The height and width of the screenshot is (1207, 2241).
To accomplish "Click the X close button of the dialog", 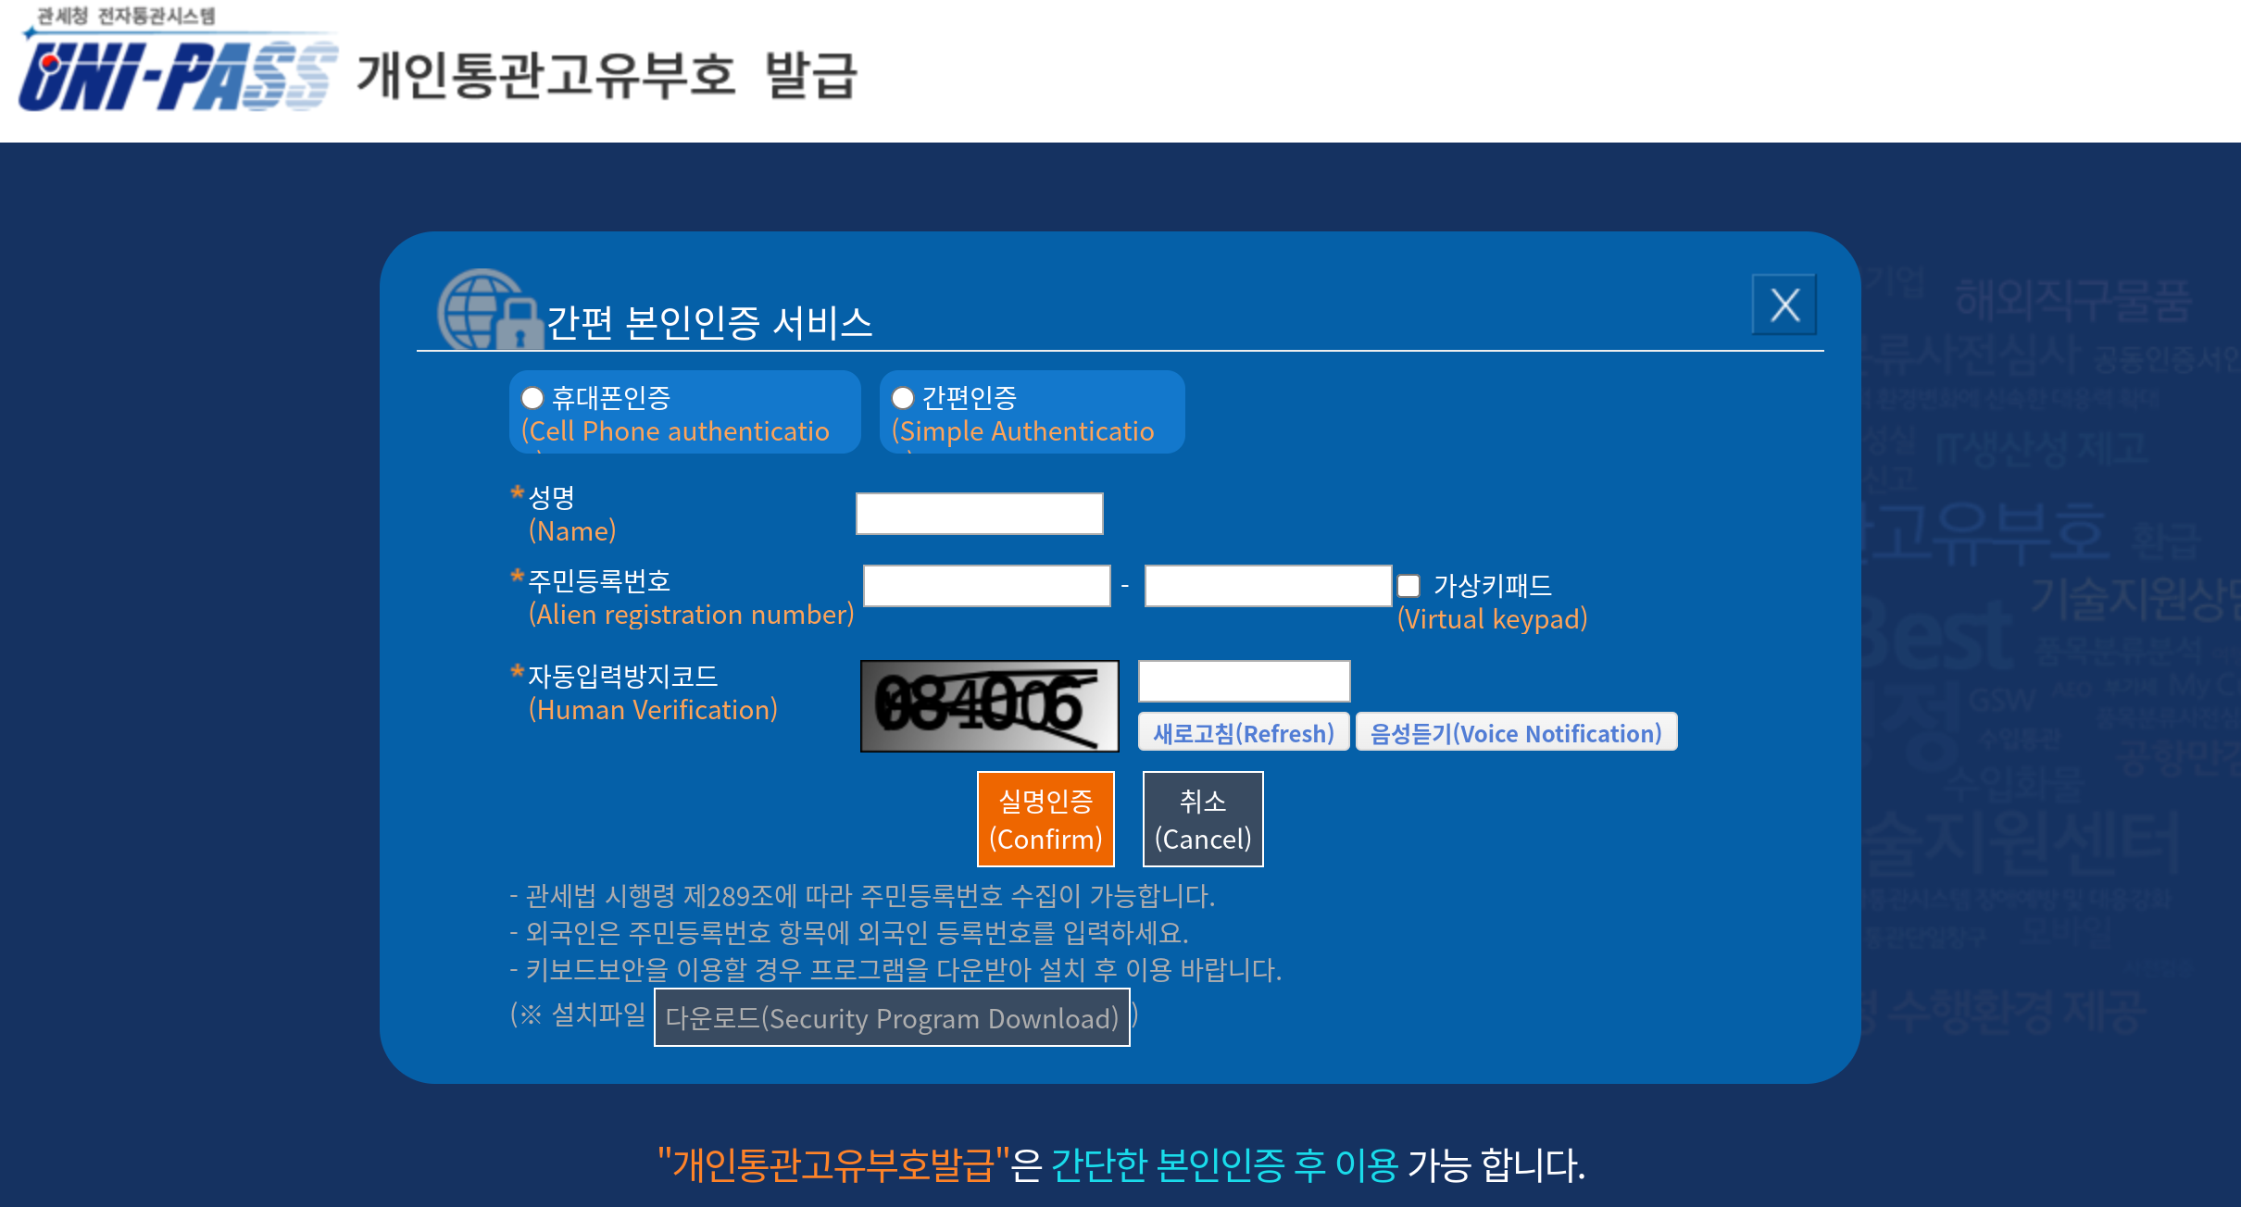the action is (1784, 305).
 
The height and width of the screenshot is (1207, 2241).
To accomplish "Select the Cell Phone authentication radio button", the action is (532, 398).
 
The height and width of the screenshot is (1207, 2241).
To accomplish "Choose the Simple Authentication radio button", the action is (903, 398).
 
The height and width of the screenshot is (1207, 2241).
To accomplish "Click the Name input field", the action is (979, 514).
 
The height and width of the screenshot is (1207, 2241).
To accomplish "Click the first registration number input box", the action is (986, 586).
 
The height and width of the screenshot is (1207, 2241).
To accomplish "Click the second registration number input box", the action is (1268, 586).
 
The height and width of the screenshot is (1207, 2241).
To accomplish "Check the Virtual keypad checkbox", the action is (1408, 586).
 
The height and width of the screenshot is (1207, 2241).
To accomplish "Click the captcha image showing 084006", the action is (989, 706).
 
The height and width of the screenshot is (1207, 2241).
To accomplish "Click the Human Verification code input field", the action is (1244, 681).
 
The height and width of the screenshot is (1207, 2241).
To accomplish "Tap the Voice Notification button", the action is (1516, 732).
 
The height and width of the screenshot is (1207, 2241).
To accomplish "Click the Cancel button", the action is (1203, 819).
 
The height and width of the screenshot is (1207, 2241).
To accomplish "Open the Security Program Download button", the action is (892, 1017).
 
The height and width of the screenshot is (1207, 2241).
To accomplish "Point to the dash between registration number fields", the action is (1125, 586).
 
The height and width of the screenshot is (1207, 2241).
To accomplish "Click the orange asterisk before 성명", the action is (518, 492).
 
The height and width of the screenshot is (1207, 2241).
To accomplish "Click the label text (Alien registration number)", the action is (691, 615).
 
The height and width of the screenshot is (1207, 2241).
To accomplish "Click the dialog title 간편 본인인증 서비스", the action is (709, 322).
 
